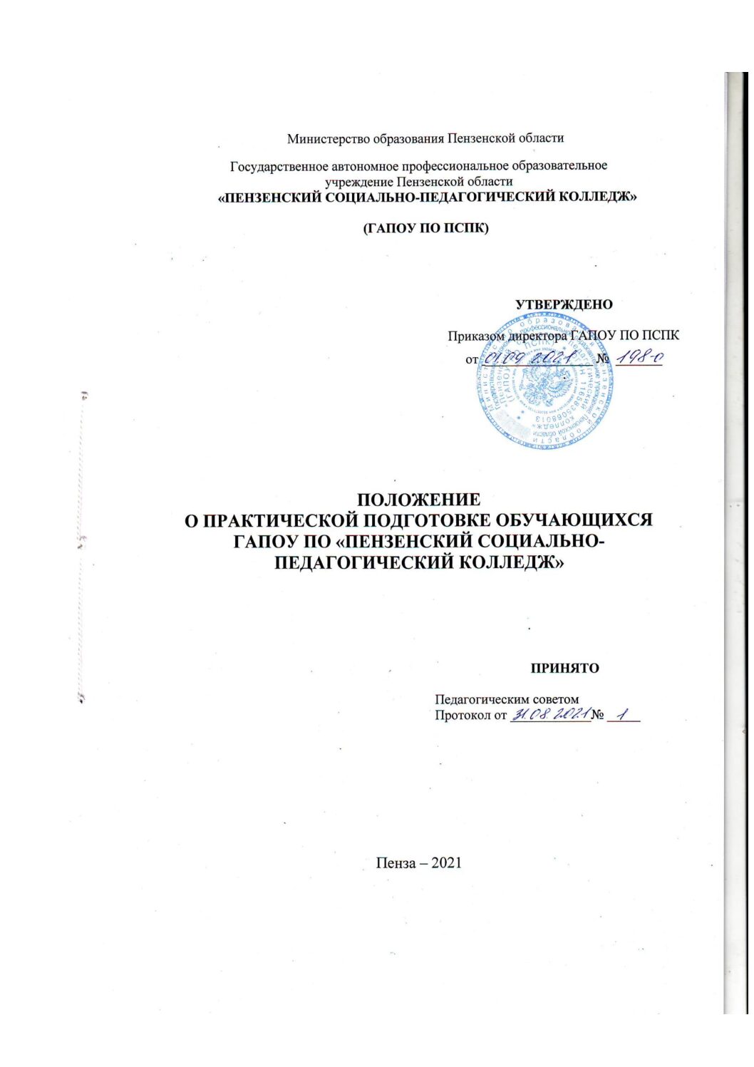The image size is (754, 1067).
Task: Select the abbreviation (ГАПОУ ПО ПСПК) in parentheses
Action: [425, 229]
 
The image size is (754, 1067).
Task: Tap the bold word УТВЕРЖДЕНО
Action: [564, 304]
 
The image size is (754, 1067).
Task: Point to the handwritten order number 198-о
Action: [639, 357]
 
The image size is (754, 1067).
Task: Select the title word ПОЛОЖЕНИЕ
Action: [418, 500]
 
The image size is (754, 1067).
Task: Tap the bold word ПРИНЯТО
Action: [564, 669]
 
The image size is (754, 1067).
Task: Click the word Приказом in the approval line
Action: [476, 336]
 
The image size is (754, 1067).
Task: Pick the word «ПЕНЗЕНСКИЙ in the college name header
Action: [270, 197]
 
